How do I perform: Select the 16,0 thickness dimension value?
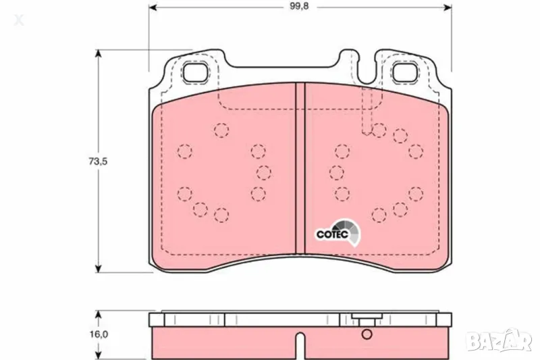[99, 334]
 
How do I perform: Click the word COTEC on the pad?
[332, 234]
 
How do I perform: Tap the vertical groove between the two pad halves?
[300, 169]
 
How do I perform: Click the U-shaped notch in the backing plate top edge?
[365, 74]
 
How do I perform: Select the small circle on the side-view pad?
[367, 334]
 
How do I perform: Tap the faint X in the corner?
[20, 21]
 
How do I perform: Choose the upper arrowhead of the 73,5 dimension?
[99, 55]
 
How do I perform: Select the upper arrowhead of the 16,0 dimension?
[99, 315]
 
